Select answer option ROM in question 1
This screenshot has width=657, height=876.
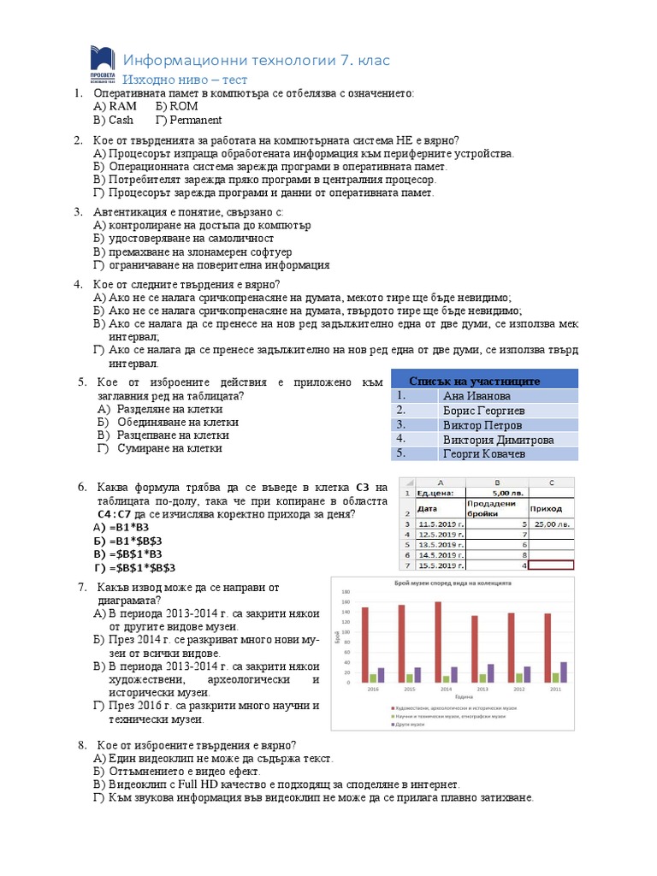[177, 106]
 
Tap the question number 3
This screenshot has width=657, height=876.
[77, 211]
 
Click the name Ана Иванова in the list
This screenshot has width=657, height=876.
[476, 396]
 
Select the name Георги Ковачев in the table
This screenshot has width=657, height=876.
[483, 453]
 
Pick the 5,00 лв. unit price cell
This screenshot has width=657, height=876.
[508, 493]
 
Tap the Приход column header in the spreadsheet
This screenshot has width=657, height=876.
[551, 508]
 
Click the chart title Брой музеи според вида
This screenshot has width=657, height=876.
[452, 582]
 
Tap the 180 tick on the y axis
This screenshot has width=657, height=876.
[346, 592]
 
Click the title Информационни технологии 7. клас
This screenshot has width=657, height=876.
[257, 60]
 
